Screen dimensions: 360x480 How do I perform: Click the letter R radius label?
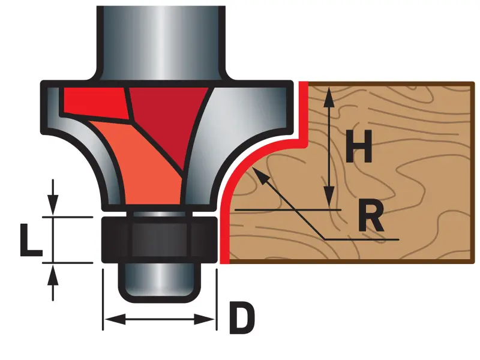(x=370, y=217)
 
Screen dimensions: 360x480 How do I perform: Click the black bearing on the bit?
(x=158, y=239)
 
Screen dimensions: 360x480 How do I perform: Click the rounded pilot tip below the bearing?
(x=158, y=282)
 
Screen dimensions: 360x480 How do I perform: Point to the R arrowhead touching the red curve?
(x=259, y=174)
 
